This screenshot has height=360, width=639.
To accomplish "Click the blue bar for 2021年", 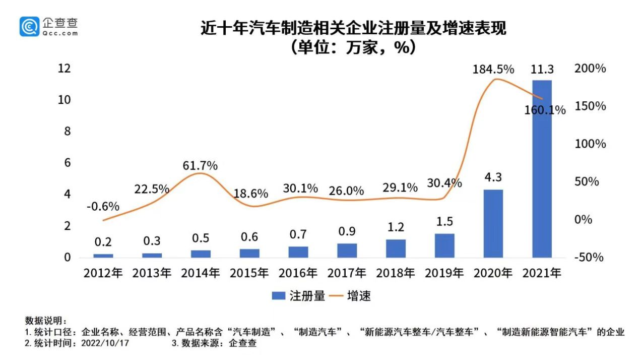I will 542,168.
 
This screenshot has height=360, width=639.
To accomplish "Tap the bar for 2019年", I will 444,246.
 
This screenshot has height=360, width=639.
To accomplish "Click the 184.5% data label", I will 493,69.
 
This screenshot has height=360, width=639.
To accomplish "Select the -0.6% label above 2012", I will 103,206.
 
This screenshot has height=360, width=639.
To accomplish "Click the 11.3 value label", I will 542,69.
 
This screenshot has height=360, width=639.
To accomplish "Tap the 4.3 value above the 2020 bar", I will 493,177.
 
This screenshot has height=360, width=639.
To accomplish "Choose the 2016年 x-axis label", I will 298,273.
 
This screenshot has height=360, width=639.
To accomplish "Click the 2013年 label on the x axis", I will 152,273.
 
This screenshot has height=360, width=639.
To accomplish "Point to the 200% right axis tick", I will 590,69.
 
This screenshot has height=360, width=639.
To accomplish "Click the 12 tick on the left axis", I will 64,69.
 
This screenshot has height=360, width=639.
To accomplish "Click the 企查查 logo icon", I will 29,27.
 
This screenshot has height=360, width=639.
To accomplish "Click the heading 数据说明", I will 45,321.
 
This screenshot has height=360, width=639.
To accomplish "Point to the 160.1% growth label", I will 544,110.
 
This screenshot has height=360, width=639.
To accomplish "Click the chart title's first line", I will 353,28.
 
